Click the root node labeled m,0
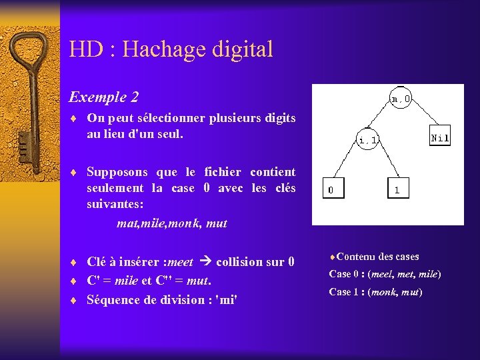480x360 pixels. (x=401, y=99)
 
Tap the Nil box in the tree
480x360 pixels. (x=440, y=137)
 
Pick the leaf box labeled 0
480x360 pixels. (x=331, y=189)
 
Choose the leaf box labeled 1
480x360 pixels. (x=397, y=189)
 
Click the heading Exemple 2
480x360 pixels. (x=104, y=97)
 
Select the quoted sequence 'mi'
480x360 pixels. (x=227, y=299)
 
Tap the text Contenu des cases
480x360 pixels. (x=377, y=256)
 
